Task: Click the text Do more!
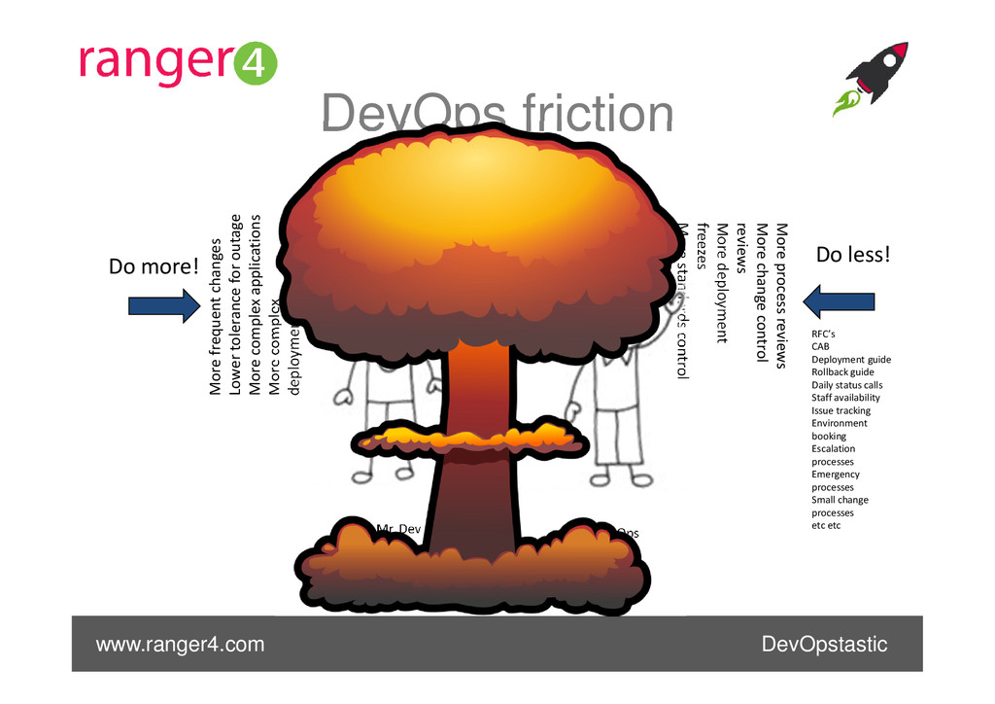(154, 265)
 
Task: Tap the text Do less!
(852, 255)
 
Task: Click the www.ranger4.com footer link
(179, 645)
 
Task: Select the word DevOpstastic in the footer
(824, 645)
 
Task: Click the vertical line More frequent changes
(216, 316)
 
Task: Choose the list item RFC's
(823, 334)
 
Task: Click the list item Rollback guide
(842, 371)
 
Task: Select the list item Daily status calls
(846, 385)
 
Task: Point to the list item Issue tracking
(841, 410)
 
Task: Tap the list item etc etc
(826, 525)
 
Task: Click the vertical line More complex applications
(257, 304)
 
